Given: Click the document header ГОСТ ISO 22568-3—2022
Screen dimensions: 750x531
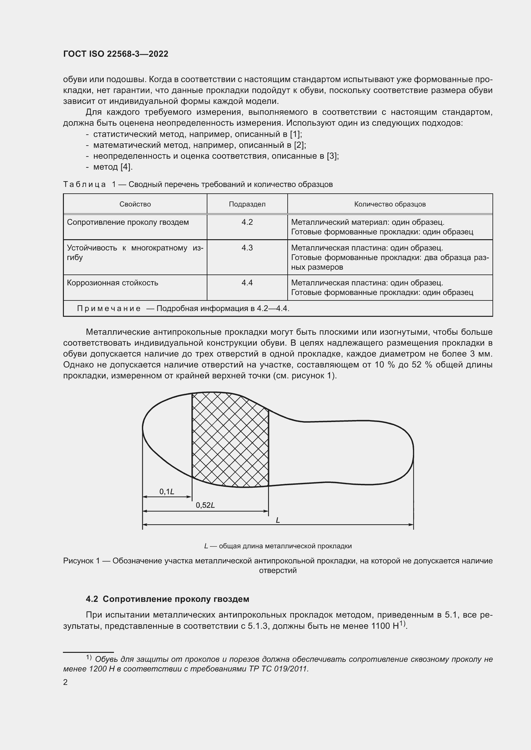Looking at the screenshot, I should point(116,54).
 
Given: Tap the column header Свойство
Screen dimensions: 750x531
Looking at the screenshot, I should point(135,204).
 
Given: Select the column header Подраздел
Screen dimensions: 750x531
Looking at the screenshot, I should point(247,204).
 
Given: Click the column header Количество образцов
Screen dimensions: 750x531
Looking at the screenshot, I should point(390,204).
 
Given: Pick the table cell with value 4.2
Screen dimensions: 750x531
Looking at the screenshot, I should point(247,222).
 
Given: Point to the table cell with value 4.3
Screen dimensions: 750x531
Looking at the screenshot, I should point(247,248).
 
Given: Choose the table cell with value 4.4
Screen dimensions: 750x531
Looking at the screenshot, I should point(247,282).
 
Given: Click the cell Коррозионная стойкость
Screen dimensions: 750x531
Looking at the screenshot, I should point(112,283).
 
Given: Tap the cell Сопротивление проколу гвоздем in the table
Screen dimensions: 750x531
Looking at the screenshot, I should point(128,223).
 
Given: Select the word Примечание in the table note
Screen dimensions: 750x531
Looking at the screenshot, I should point(109,308).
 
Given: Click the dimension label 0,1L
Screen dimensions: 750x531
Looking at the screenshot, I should point(167,491).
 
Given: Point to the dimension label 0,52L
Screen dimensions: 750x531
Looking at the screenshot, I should point(205,505).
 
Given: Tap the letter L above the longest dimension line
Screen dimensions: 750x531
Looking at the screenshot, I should point(278,520).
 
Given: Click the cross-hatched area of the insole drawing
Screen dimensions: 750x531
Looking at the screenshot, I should point(230,441).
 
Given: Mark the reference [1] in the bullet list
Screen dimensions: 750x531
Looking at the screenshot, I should point(295,134).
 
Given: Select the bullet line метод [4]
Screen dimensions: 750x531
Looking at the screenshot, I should point(113,167).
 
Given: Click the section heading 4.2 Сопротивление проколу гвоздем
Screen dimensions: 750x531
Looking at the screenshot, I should point(167,599).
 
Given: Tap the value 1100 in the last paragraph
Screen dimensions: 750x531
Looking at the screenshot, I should point(380,626).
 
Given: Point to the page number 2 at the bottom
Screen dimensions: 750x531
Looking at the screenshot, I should point(65,682).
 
